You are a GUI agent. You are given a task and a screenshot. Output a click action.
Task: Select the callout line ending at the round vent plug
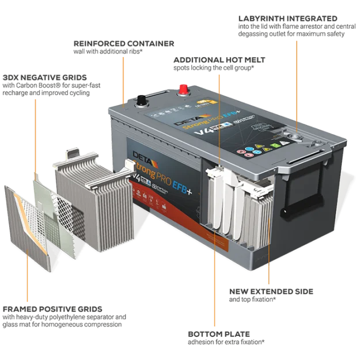pos(297,81)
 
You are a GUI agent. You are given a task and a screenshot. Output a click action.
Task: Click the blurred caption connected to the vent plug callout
pos(291,26)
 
